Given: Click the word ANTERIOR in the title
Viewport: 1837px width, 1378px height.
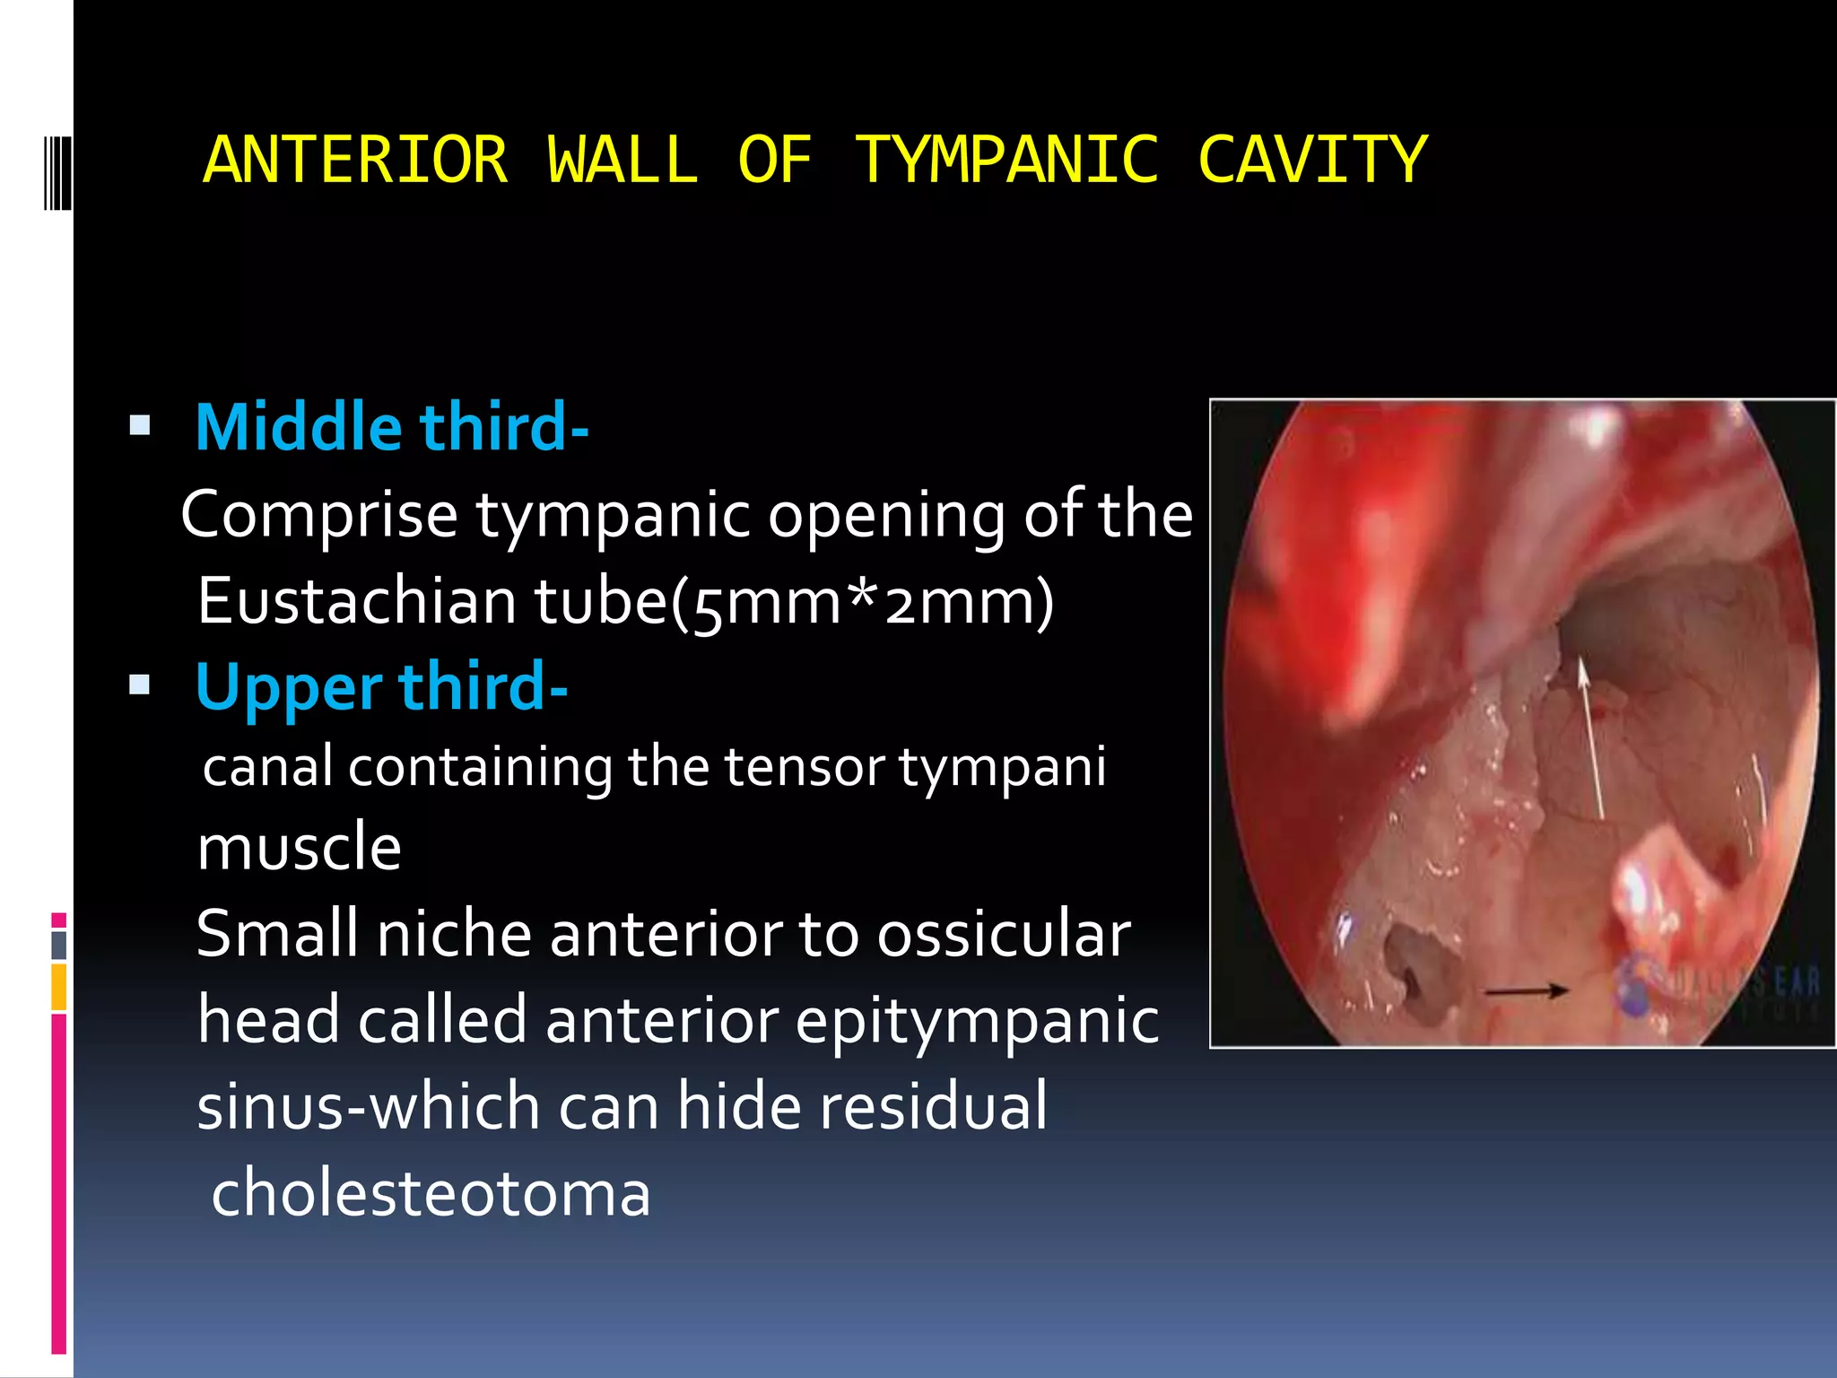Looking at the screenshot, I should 355,161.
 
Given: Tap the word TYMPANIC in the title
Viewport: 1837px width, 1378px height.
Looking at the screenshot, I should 1006,161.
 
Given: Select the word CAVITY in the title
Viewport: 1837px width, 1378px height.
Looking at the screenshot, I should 1311,161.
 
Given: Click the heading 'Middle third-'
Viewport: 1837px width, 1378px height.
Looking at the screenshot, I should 392,427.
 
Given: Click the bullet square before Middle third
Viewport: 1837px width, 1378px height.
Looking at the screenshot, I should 140,424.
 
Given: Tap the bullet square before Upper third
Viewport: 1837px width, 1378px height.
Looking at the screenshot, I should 140,686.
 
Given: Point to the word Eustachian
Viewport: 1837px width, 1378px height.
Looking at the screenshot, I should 356,601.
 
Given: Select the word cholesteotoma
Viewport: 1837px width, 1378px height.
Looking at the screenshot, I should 431,1194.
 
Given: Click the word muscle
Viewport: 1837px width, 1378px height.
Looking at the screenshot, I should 299,848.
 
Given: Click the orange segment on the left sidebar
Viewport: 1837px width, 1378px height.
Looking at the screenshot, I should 58,987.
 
